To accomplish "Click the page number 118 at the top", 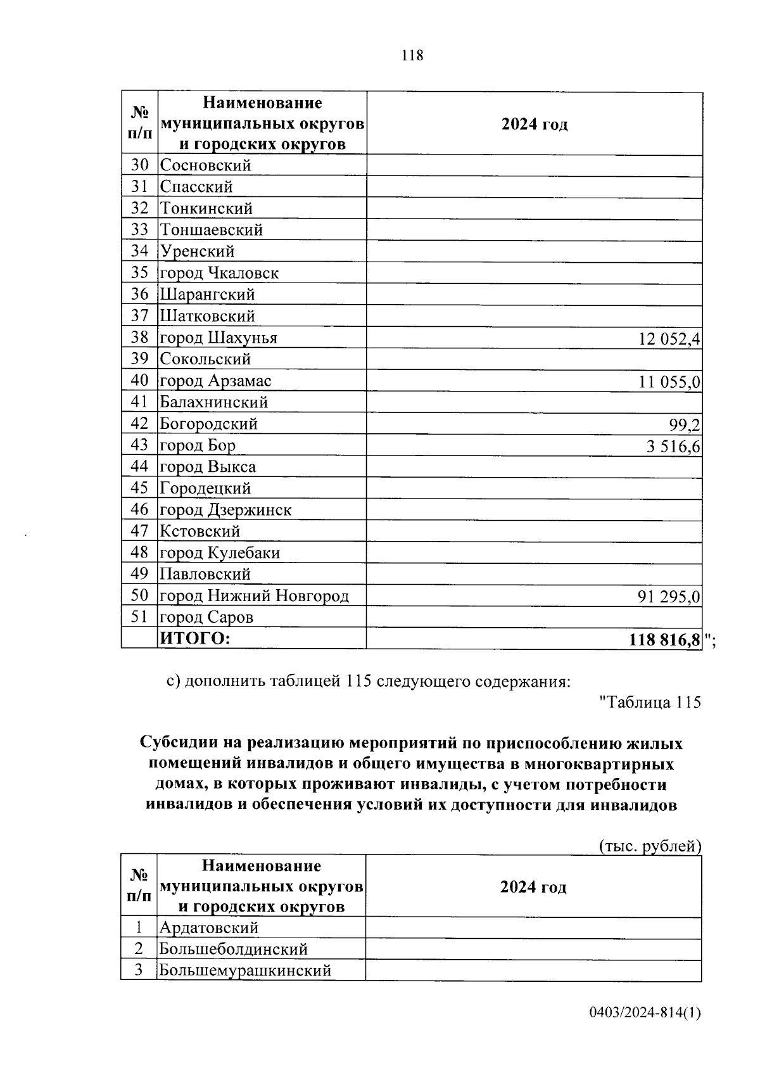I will click(412, 56).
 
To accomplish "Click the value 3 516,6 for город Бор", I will click(673, 447).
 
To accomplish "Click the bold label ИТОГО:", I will click(194, 639).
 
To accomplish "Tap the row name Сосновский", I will click(205, 165).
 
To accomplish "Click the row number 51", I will click(139, 616).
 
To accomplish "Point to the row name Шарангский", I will click(207, 295).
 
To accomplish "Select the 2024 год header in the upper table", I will click(534, 124).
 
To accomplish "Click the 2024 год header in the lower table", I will click(533, 887).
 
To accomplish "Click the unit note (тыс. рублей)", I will click(650, 846).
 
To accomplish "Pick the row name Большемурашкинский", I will click(244, 970).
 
